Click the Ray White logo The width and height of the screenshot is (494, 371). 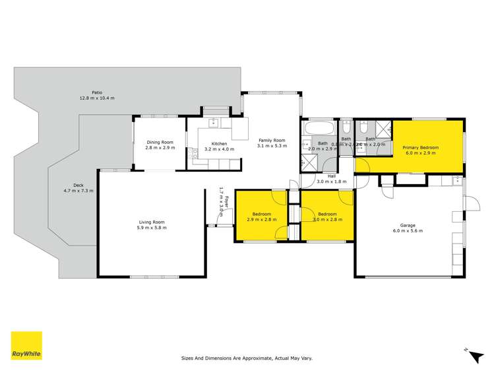(26, 345)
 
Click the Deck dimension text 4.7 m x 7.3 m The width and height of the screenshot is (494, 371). (78, 191)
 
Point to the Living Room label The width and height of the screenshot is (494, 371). (151, 222)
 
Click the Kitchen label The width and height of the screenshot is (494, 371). (219, 144)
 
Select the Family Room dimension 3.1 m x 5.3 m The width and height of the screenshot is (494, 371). (271, 146)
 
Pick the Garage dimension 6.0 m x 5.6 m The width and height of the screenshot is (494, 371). (408, 231)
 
